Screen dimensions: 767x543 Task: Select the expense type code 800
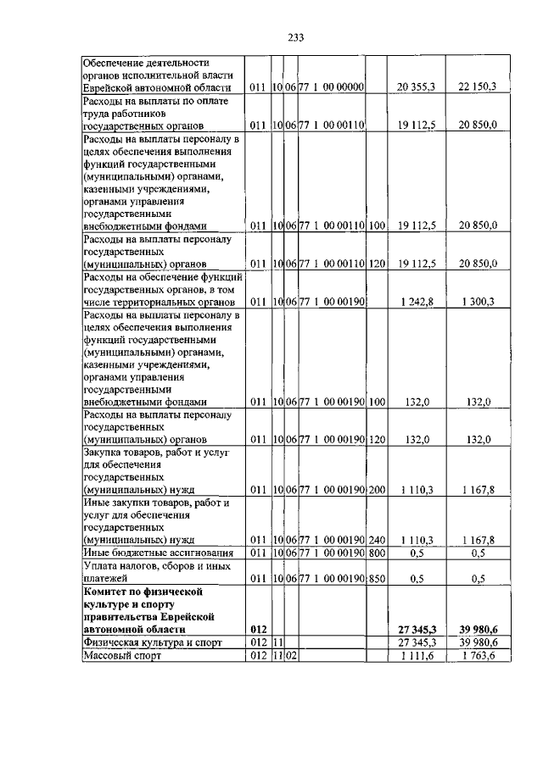point(378,553)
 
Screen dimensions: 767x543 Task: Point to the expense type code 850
point(378,580)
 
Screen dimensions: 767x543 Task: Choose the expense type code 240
point(378,539)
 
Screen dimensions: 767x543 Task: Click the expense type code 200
point(378,489)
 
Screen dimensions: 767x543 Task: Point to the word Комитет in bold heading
point(107,589)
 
